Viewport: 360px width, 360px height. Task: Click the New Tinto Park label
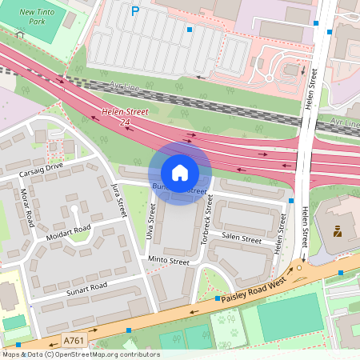pos(38,17)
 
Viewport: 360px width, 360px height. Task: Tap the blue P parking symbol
pos(134,11)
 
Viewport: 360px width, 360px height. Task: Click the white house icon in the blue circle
pos(180,173)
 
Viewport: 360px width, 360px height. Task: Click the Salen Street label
pos(242,238)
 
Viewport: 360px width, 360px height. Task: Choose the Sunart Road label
pos(86,287)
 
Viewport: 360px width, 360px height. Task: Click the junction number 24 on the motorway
pos(125,122)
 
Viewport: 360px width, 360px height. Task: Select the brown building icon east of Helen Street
pos(337,233)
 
